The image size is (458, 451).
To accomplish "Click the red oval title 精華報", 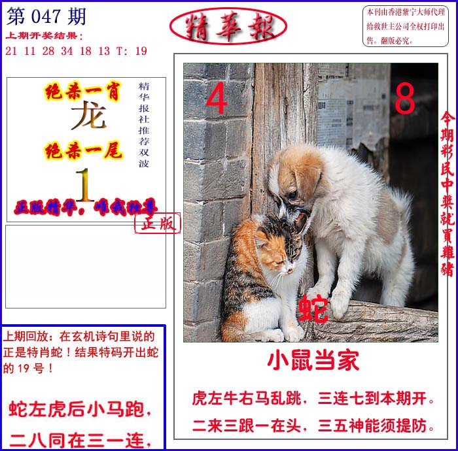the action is pos(228,26).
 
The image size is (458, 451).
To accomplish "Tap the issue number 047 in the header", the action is pos(46,16).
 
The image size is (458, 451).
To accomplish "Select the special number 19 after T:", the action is pos(141,51).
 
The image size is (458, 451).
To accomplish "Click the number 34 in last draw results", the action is pos(67,51).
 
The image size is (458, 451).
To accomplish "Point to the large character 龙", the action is pos(88,115).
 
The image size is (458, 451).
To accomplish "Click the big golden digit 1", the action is pos(84,185).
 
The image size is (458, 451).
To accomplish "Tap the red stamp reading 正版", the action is pos(158,223).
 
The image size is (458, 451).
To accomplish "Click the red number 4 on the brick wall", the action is pos(217,98).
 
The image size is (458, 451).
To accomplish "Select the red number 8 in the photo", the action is pos(405,98).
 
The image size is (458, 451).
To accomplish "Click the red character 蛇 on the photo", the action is pos(313,309).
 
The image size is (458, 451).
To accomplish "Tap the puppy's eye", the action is pos(292,193).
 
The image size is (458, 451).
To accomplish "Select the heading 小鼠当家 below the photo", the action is pos(313,361).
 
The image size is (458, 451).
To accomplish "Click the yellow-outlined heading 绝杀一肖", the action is pos(82,92).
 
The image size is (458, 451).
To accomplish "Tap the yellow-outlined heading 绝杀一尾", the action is pos(83,151).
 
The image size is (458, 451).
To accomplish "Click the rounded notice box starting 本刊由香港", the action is pos(406,26).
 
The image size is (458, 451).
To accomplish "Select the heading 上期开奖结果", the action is pos(44,36).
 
